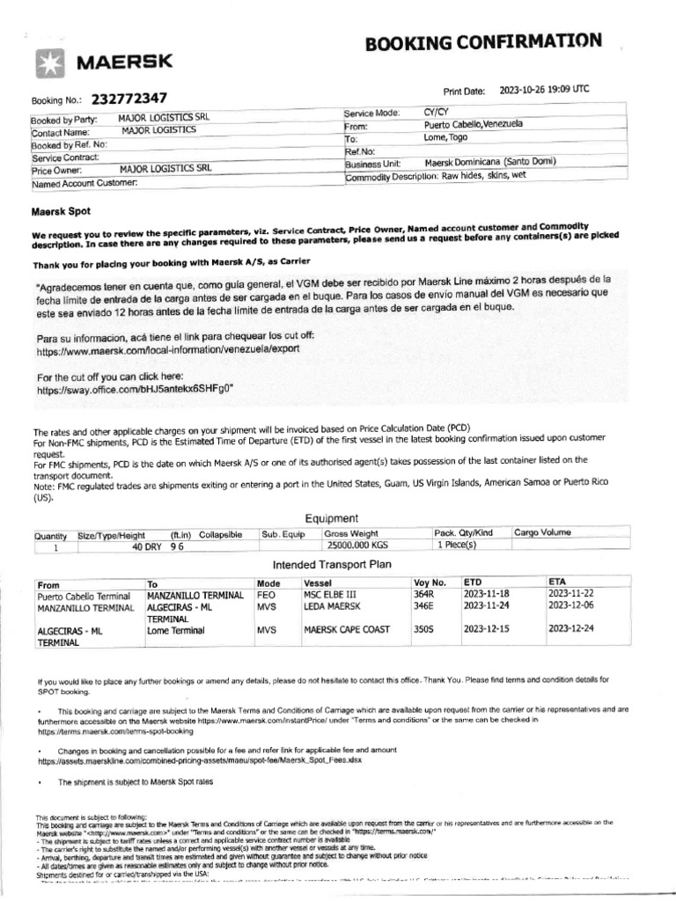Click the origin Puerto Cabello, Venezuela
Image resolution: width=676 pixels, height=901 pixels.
pyautogui.click(x=473, y=125)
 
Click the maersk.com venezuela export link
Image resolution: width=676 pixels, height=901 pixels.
pyautogui.click(x=168, y=350)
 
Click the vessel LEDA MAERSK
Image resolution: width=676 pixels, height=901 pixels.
pyautogui.click(x=333, y=606)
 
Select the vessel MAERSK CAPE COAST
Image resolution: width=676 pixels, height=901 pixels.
pyautogui.click(x=347, y=631)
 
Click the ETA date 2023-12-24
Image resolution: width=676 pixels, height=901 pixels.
pyautogui.click(x=572, y=630)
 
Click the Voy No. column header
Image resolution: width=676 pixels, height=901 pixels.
pyautogui.click(x=430, y=582)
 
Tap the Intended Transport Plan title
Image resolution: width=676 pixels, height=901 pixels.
pyautogui.click(x=332, y=563)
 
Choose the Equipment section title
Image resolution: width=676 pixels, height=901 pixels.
pyautogui.click(x=331, y=518)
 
